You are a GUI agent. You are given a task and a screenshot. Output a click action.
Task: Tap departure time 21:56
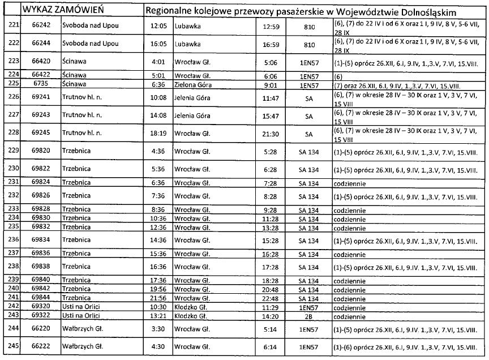tap(157, 297)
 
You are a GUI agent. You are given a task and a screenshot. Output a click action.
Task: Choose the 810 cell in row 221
tap(309, 26)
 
